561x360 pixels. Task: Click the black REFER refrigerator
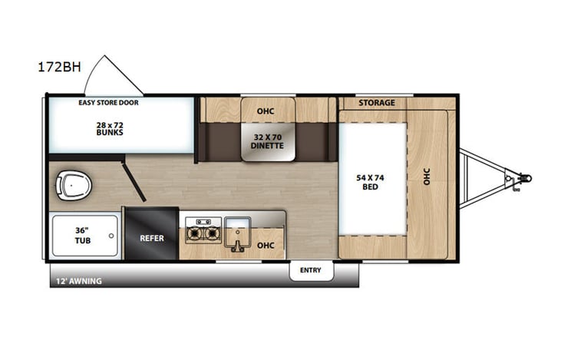pyautogui.click(x=152, y=237)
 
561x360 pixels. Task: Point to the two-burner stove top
pyautogui.click(x=202, y=231)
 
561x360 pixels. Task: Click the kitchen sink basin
pyautogui.click(x=238, y=230)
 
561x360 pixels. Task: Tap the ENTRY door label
pyautogui.click(x=311, y=270)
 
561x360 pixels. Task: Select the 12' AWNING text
pyautogui.click(x=78, y=281)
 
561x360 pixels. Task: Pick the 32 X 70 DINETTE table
pyautogui.click(x=268, y=140)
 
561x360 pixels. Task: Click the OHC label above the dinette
pyautogui.click(x=266, y=111)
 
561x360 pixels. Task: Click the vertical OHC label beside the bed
pyautogui.click(x=427, y=177)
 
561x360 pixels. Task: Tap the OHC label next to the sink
pyautogui.click(x=266, y=246)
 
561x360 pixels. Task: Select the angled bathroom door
pyautogui.click(x=134, y=185)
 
